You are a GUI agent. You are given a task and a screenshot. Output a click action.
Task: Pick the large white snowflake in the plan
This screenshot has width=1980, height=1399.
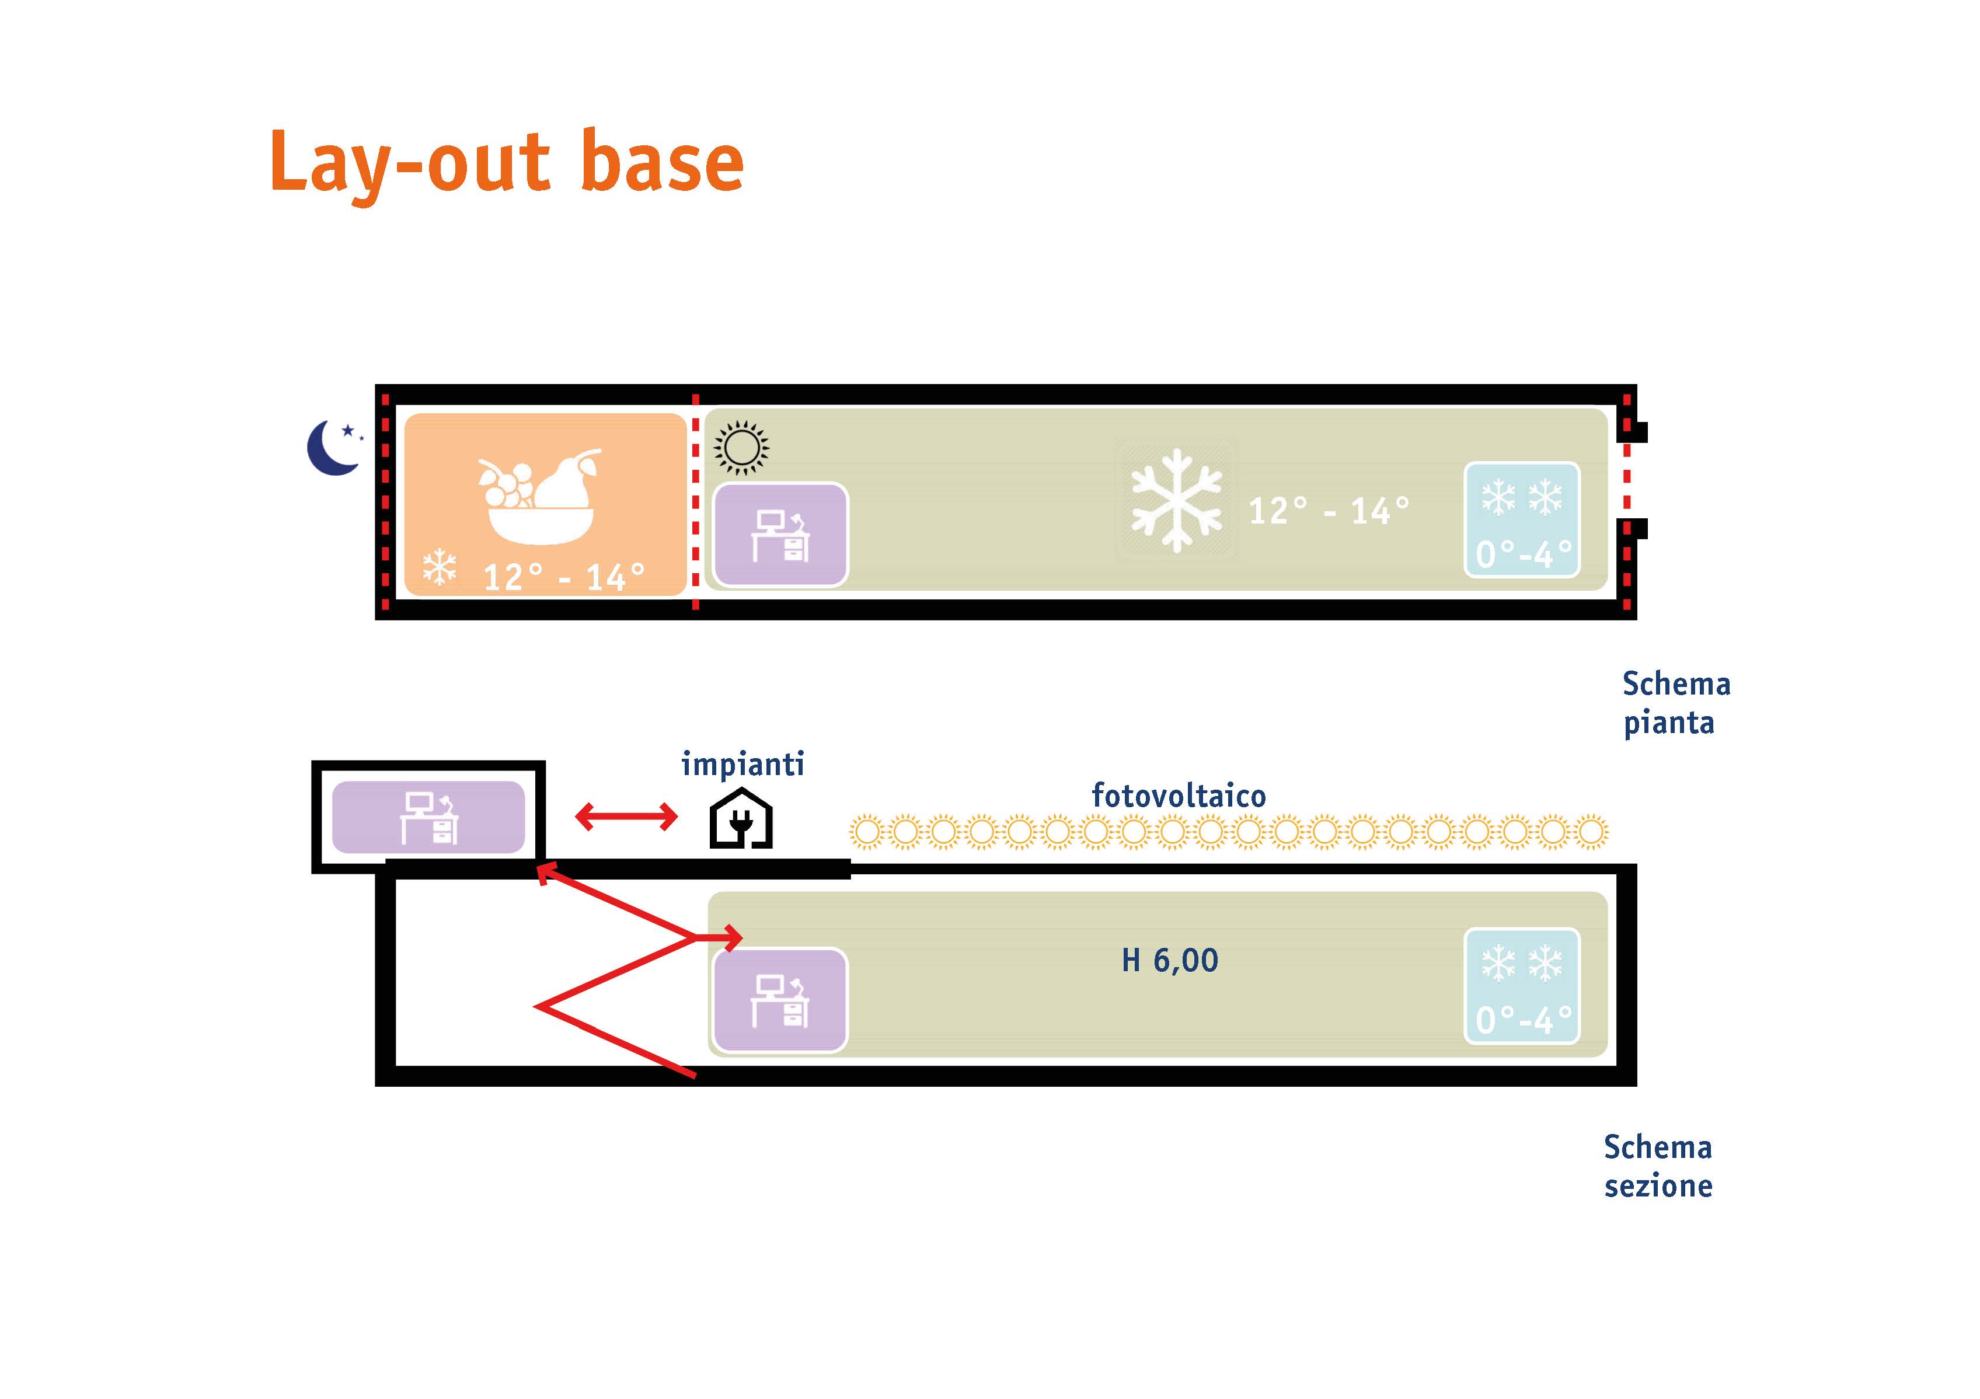tap(1176, 500)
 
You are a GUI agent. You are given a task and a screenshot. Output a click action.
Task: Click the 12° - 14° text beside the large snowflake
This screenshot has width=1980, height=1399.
tap(1329, 511)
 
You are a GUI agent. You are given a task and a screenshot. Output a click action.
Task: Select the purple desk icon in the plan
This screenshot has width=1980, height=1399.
tap(780, 535)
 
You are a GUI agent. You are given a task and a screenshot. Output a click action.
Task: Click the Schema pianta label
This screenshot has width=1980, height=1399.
tap(1675, 703)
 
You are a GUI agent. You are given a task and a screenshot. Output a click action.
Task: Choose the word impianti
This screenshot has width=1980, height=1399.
tap(742, 764)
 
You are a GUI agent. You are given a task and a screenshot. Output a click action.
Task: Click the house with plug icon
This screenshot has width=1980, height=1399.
tap(741, 818)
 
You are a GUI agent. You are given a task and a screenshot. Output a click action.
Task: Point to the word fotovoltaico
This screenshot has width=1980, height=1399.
tap(1179, 796)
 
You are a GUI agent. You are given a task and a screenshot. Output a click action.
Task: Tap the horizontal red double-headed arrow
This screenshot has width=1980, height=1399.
tap(626, 816)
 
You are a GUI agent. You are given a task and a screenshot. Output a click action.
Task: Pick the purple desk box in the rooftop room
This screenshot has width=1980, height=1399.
tap(428, 817)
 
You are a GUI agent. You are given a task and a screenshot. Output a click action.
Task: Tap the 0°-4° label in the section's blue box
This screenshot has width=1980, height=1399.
tap(1524, 1020)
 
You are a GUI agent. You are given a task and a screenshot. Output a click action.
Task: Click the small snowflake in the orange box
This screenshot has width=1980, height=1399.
tap(439, 567)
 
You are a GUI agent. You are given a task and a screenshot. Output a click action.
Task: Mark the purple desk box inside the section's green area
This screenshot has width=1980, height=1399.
tap(780, 1000)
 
